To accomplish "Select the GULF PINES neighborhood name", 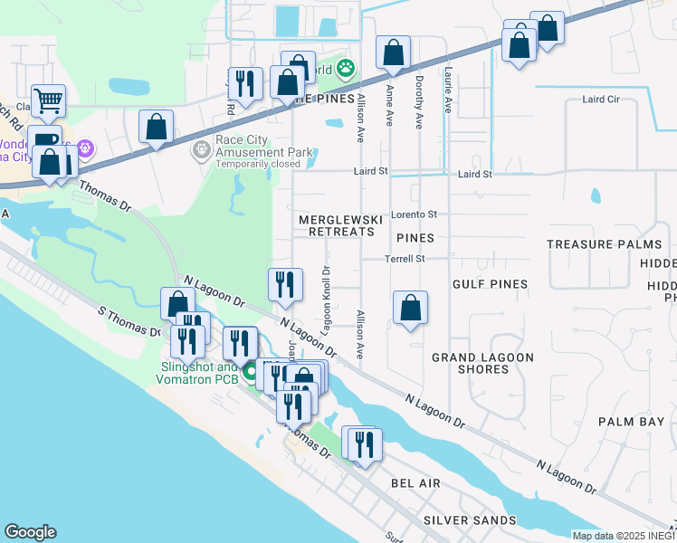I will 490,284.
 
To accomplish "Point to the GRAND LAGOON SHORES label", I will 482,363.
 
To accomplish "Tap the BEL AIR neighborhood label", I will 415,483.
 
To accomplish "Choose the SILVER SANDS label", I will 470,520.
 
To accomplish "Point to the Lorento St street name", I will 414,214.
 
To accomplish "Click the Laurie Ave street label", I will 447,93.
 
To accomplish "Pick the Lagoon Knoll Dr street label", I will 327,298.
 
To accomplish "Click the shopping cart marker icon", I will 48,100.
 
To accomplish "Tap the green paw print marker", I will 345,68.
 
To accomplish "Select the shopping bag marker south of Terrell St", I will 411,308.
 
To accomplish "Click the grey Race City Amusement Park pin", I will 201,148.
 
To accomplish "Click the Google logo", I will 30,532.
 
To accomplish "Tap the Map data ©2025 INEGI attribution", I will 624,536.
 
